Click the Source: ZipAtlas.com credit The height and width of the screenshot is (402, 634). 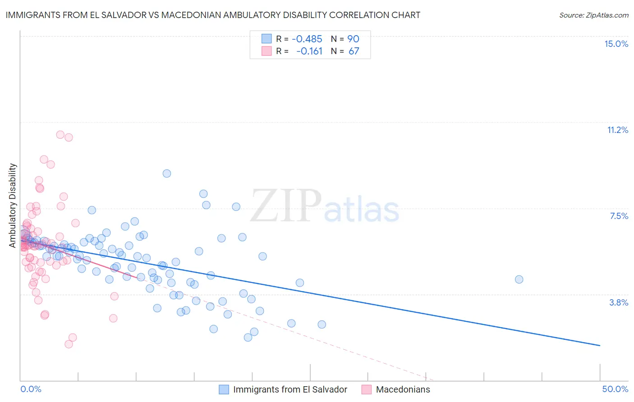pos(593,15)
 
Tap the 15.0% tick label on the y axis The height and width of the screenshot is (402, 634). pos(616,44)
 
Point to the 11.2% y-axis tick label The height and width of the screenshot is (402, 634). pos(617,130)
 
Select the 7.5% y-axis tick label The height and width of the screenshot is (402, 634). pos(619,216)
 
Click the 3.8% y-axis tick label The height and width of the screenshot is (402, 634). pos(619,302)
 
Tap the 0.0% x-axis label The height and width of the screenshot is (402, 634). pos(31,389)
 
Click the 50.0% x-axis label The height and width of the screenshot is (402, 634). pos(615,389)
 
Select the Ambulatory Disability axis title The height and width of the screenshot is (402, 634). pos(13,205)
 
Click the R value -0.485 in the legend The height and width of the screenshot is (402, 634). pos(307,39)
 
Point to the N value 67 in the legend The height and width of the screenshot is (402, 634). pos(354,51)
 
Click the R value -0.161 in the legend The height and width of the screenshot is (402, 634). pos(309,51)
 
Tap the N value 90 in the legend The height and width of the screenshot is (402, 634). pos(353,39)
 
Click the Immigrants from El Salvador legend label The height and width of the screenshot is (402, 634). pos(290,389)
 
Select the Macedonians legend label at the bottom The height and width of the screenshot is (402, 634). pos(403,389)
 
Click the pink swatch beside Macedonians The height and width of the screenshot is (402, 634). pos(366,389)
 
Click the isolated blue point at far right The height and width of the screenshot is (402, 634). pos(519,279)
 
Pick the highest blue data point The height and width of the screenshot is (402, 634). pos(167,174)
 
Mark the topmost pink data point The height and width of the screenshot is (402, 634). pos(60,134)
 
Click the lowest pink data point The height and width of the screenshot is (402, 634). pos(69,344)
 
